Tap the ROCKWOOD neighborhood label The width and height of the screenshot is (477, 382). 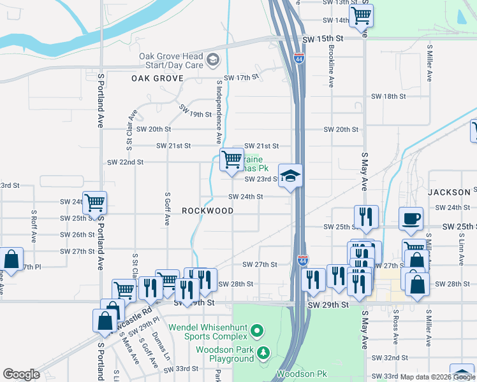(x=207, y=210)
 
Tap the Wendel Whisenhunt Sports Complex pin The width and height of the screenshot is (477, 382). (x=256, y=330)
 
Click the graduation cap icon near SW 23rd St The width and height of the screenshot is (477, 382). (x=290, y=176)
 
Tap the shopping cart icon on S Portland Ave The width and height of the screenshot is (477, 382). (x=94, y=203)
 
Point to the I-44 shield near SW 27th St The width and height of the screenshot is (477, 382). (x=302, y=261)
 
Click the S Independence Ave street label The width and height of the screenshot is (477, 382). (x=219, y=111)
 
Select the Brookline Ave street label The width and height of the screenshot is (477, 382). (x=331, y=66)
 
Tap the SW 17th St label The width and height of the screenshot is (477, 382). (x=246, y=78)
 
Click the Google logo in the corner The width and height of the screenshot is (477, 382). (x=21, y=374)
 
